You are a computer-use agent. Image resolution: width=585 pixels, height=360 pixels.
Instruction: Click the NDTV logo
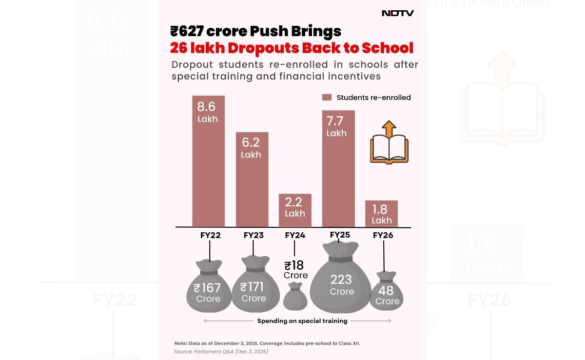click(397, 13)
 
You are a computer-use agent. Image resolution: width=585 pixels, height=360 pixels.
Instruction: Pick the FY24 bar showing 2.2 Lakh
click(295, 210)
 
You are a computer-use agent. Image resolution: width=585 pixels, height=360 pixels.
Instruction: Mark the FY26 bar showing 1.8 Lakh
click(381, 214)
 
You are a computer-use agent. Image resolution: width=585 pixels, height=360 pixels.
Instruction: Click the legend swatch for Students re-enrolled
click(327, 98)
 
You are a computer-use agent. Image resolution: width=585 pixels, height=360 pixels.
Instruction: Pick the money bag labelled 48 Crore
click(387, 293)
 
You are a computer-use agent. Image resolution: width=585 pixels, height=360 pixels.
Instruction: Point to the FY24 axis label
click(295, 235)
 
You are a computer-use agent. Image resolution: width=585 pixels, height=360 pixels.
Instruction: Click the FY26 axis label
click(383, 235)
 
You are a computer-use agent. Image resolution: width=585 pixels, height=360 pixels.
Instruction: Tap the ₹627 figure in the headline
click(186, 31)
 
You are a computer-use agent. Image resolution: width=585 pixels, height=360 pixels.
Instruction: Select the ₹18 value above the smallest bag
click(294, 265)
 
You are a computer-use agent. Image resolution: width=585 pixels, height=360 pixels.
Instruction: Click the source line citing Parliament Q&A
click(221, 351)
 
